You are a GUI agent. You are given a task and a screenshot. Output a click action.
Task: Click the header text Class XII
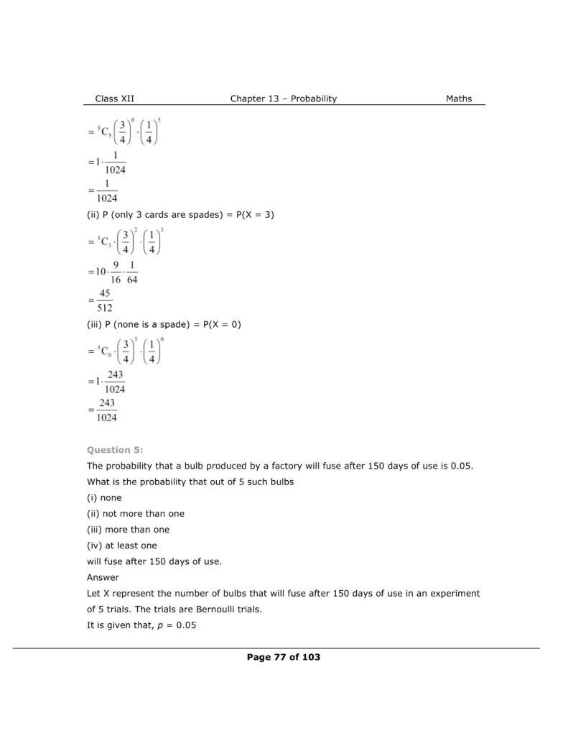pyautogui.click(x=115, y=98)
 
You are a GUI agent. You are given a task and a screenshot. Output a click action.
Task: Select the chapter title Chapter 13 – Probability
pyautogui.click(x=283, y=98)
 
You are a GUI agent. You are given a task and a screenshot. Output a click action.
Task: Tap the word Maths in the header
pyautogui.click(x=459, y=98)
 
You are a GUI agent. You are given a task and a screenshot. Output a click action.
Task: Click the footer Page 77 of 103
pyautogui.click(x=283, y=657)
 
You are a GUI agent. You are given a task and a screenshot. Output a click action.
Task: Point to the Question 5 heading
pyautogui.click(x=115, y=450)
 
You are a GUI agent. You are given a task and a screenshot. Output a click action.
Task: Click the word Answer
pyautogui.click(x=103, y=577)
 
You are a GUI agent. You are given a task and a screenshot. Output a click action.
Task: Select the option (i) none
pyautogui.click(x=104, y=497)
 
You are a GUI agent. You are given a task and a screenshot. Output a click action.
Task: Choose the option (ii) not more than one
pyautogui.click(x=135, y=513)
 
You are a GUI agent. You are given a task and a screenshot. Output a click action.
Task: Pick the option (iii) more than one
pyautogui.click(x=128, y=530)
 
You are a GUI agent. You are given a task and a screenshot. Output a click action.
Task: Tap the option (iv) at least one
pyautogui.click(x=121, y=546)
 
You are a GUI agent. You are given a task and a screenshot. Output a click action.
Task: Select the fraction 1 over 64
pyautogui.click(x=131, y=272)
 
